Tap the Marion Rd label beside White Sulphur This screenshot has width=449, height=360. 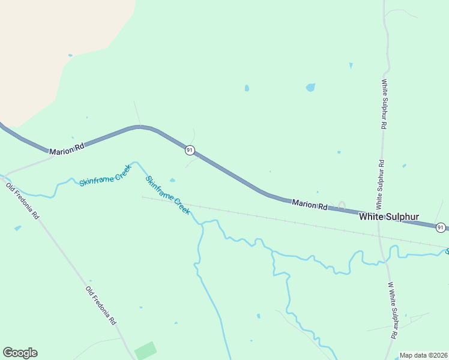tap(310, 205)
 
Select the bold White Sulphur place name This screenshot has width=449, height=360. tap(389, 217)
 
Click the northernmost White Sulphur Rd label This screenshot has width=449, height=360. tap(384, 104)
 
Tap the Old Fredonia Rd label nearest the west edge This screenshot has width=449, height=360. tap(22, 200)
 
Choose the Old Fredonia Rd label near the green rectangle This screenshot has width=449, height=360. tap(100, 305)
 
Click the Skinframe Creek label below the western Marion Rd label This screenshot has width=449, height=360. tap(105, 174)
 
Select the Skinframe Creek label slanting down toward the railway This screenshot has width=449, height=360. tap(168, 195)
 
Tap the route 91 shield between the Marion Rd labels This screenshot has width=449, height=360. tap(190, 149)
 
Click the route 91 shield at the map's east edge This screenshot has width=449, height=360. tap(441, 227)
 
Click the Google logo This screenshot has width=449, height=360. tap(20, 353)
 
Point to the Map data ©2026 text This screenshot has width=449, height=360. tap(424, 355)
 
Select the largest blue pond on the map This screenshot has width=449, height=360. tap(310, 87)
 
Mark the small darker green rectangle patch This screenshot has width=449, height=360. tap(145, 350)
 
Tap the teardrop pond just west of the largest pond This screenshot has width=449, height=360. tap(247, 88)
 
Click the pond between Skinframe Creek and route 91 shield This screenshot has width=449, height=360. tap(173, 180)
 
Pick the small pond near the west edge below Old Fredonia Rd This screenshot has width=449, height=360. tap(17, 228)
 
